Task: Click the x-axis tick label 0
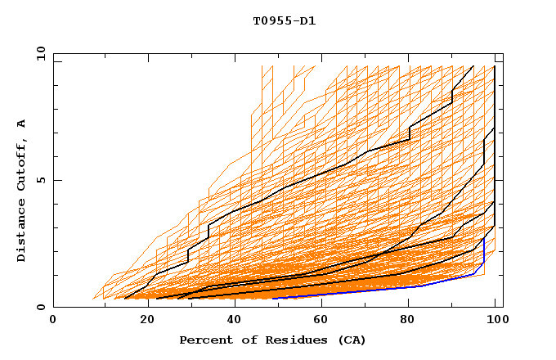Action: pyautogui.click(x=53, y=320)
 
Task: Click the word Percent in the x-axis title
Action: pyautogui.click(x=204, y=340)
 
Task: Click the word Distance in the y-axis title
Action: pyautogui.click(x=22, y=232)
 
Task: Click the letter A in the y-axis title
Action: pyautogui.click(x=22, y=123)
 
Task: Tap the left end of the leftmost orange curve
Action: pyautogui.click(x=94, y=299)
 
